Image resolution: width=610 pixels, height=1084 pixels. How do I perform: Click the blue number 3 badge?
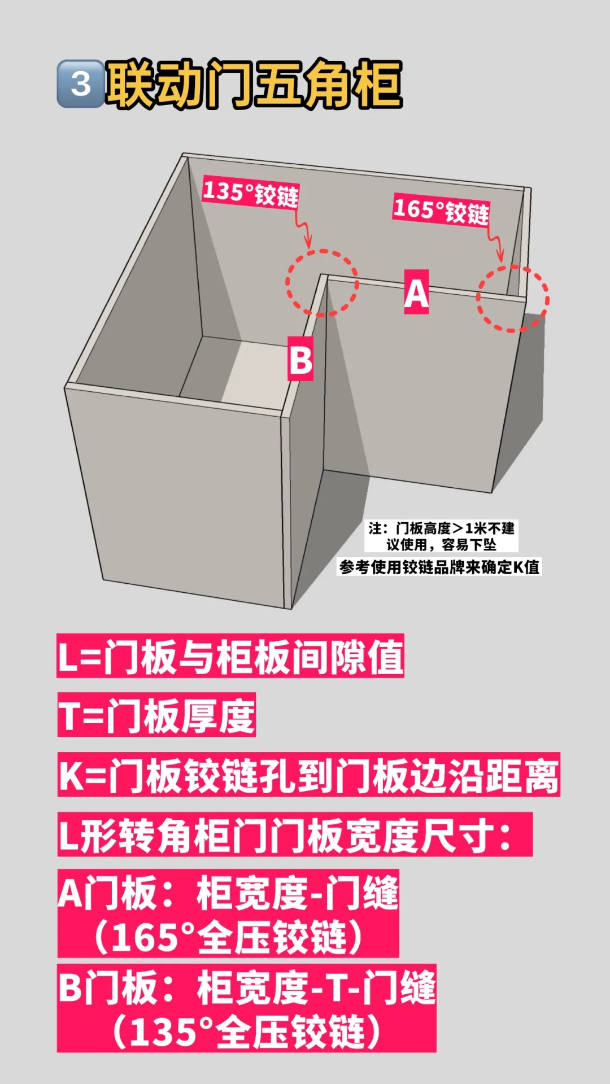(x=81, y=84)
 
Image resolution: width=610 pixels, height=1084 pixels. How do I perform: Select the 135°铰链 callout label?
(x=250, y=193)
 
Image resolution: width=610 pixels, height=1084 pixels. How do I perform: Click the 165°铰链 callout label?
(x=441, y=211)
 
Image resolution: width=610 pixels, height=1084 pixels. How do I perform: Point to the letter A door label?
(x=416, y=292)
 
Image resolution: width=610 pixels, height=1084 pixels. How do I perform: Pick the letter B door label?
(x=300, y=359)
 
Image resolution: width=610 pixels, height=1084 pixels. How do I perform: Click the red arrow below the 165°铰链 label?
(x=496, y=243)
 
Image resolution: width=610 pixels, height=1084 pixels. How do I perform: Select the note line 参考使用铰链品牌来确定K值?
(x=439, y=567)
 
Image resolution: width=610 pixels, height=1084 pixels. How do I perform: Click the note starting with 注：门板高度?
(x=441, y=536)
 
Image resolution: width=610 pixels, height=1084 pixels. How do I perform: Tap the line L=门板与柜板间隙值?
(x=230, y=656)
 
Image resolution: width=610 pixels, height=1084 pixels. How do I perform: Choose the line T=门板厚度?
(x=156, y=715)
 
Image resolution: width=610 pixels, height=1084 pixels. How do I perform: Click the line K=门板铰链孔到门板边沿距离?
(x=308, y=775)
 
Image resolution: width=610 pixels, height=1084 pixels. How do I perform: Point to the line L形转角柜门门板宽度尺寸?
(x=295, y=834)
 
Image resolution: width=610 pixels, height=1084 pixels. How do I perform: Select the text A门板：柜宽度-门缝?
(x=228, y=893)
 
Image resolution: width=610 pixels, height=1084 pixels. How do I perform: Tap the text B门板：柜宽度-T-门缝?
(x=247, y=987)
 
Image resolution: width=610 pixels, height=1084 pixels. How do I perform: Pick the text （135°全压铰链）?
(x=247, y=1031)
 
